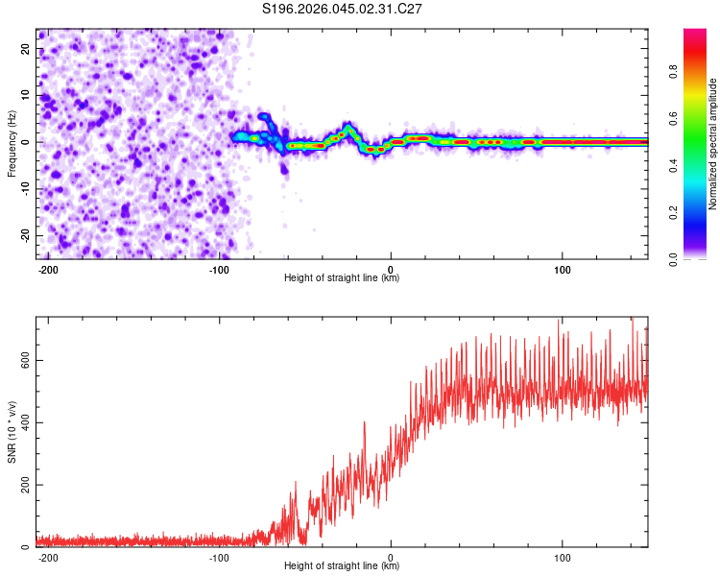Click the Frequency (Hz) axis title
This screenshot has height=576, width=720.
point(12,143)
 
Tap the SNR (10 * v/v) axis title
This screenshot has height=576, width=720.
point(12,431)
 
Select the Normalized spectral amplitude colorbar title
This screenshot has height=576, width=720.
point(713,144)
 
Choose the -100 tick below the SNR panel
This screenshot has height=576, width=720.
point(219,556)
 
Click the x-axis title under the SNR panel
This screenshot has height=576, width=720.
point(342,566)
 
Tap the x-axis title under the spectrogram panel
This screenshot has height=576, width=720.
point(342,278)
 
